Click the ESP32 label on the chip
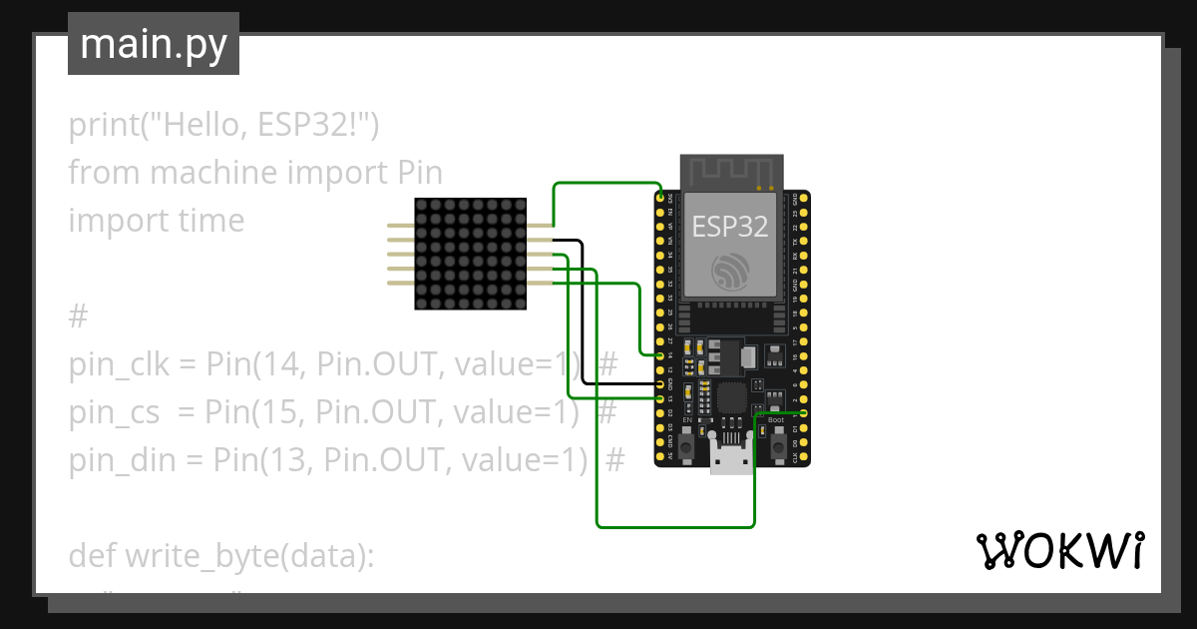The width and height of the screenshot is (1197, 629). (730, 227)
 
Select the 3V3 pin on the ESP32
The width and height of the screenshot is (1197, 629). (660, 199)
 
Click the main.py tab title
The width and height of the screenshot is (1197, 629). (153, 44)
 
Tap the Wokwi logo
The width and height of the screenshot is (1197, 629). (1058, 550)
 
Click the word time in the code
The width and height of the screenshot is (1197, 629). (210, 220)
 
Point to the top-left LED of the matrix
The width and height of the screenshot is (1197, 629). (422, 205)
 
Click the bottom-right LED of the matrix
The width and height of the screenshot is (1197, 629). (519, 301)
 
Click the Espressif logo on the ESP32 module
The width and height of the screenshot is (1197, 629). (730, 273)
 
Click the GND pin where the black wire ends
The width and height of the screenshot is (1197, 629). (660, 383)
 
